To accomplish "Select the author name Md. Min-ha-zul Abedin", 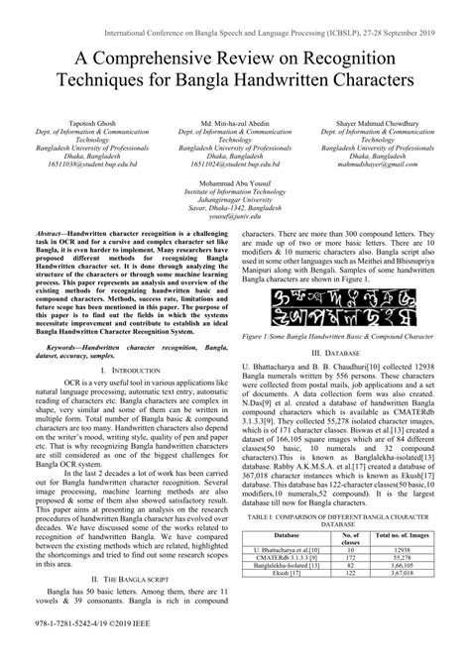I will (x=234, y=120).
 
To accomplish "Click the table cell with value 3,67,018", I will (x=402, y=600).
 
